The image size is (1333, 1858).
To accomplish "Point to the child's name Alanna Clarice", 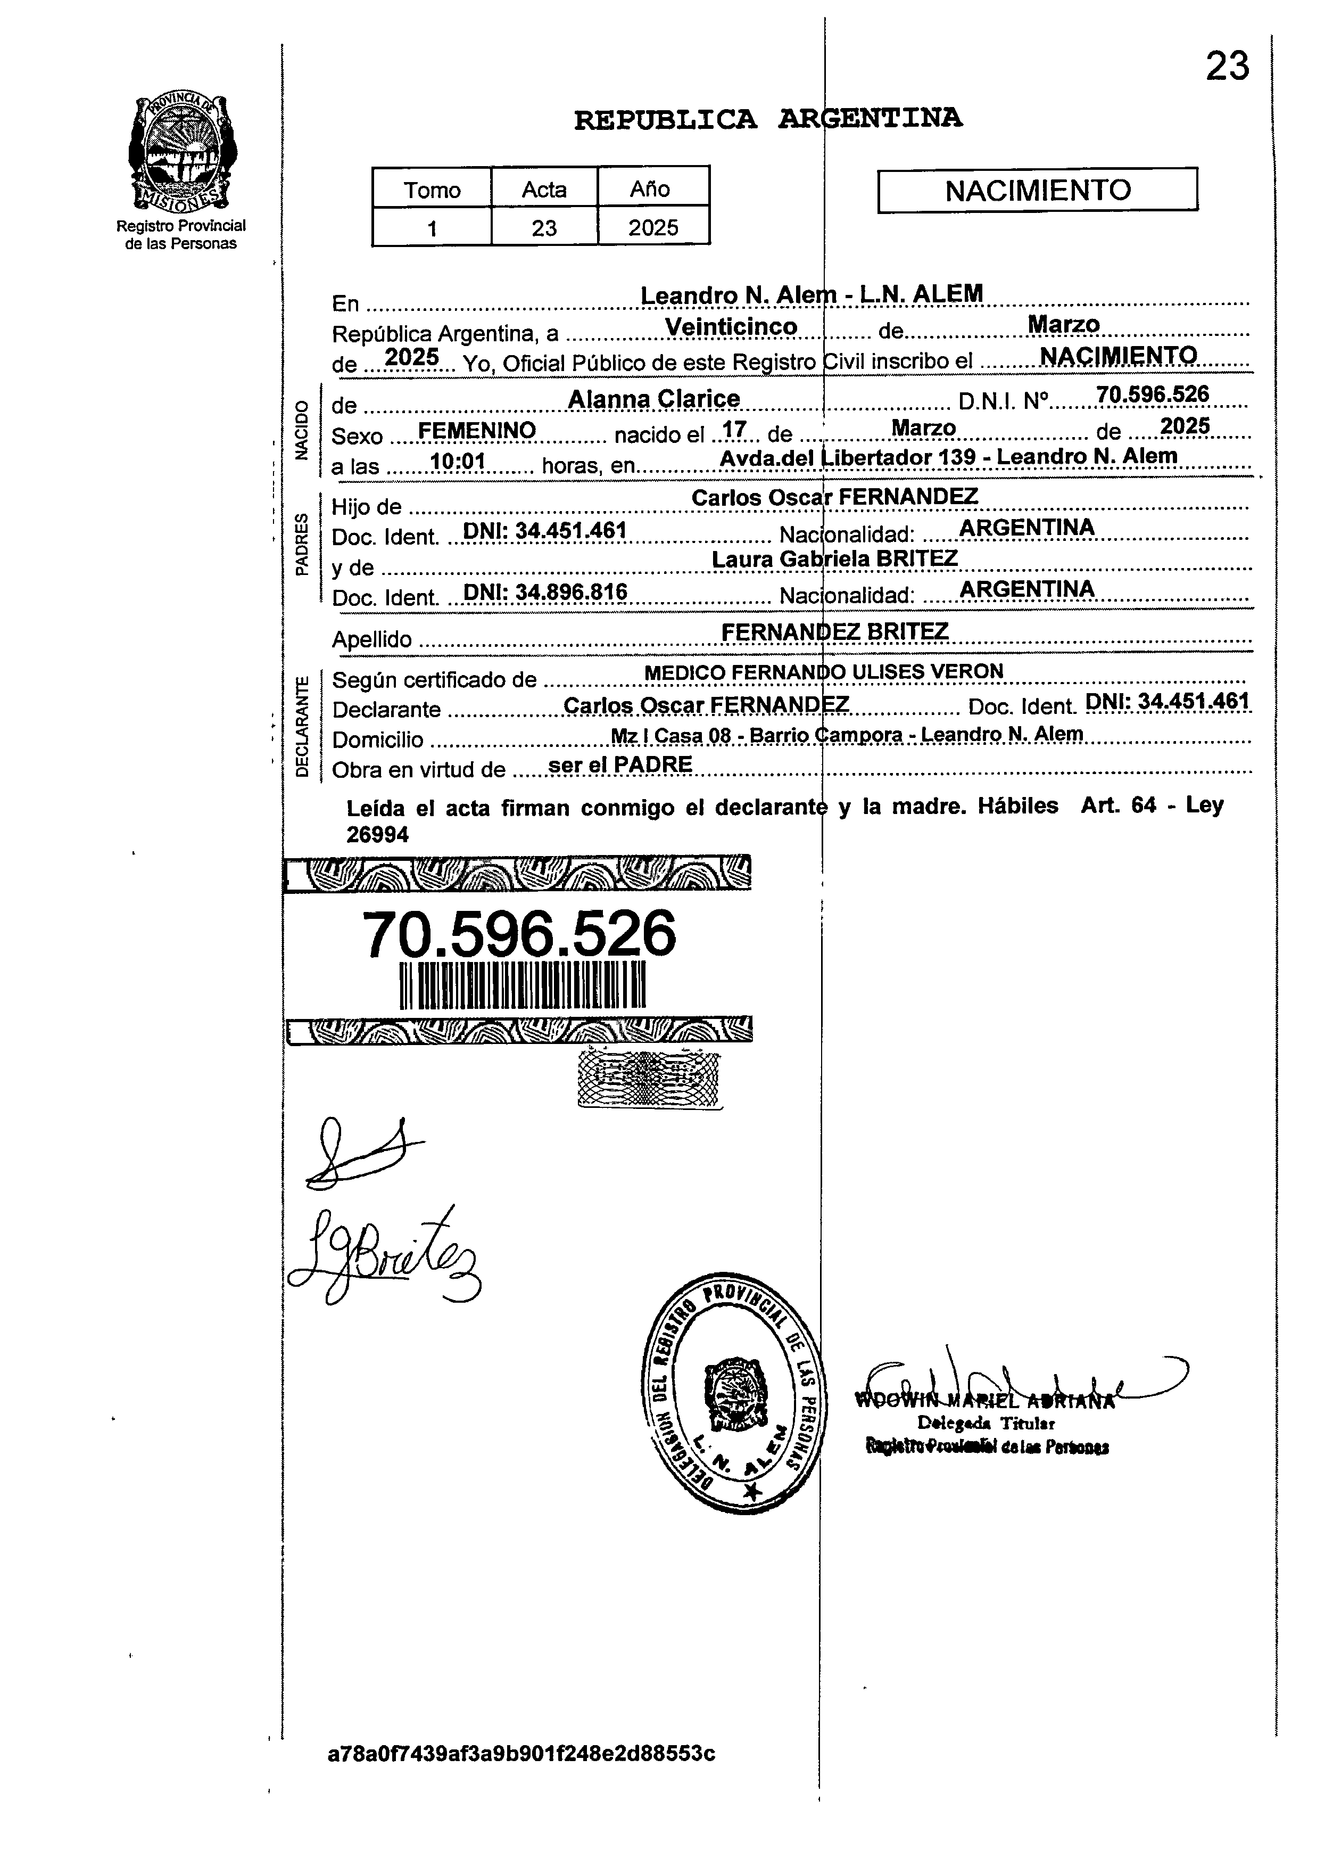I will [653, 399].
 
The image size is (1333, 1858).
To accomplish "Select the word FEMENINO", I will [477, 430].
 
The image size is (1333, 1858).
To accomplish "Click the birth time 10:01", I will [458, 462].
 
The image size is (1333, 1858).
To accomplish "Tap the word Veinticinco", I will [731, 327].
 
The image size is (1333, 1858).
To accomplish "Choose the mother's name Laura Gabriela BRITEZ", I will [834, 558].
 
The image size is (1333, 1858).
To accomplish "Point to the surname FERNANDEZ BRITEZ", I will [834, 631].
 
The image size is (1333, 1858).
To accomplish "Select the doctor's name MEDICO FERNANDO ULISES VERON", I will [823, 672].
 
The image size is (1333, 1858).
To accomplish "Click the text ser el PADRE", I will [620, 764].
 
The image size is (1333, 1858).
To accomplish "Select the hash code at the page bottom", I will [521, 1753].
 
